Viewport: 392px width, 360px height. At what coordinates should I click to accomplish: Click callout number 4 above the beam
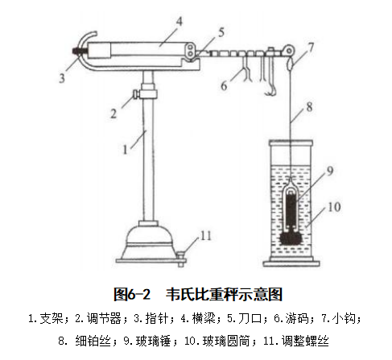pyautogui.click(x=179, y=22)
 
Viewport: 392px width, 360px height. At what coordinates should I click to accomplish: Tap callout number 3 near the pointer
pyautogui.click(x=62, y=78)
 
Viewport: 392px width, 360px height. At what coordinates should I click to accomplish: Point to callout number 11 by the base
pyautogui.click(x=206, y=236)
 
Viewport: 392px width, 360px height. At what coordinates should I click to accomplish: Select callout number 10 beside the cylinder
pyautogui.click(x=334, y=207)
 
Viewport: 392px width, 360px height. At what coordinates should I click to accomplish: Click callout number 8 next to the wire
pyautogui.click(x=309, y=107)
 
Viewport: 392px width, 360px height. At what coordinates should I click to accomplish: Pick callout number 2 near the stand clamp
pyautogui.click(x=113, y=114)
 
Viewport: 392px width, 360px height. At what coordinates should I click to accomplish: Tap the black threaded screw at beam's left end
pyautogui.click(x=77, y=52)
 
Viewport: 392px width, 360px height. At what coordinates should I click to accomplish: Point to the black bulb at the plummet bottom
pyautogui.click(x=291, y=238)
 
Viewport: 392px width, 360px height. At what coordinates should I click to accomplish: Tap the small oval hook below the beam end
pyautogui.click(x=290, y=64)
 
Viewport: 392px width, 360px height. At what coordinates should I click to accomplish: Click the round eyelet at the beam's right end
pyautogui.click(x=289, y=50)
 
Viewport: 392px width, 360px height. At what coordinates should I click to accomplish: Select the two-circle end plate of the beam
pyautogui.click(x=190, y=51)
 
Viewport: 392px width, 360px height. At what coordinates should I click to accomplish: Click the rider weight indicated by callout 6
pyautogui.click(x=246, y=68)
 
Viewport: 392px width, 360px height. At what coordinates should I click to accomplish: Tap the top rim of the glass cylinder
pyautogui.click(x=291, y=143)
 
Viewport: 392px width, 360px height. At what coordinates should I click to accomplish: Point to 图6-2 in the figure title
pyautogui.click(x=132, y=294)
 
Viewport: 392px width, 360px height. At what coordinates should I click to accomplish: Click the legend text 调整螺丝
pyautogui.click(x=305, y=341)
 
